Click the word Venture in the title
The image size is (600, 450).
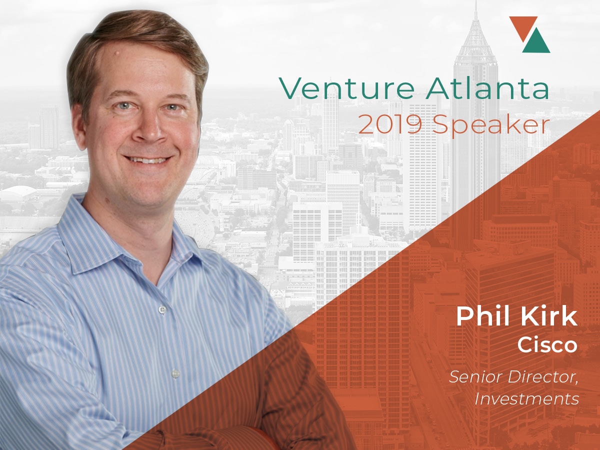point(346,88)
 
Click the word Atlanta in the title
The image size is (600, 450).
point(487,87)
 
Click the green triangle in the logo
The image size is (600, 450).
point(536,41)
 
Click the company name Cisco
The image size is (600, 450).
point(547,345)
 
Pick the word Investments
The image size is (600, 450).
point(526,399)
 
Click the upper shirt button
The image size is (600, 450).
point(162,309)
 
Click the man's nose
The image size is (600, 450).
point(149,128)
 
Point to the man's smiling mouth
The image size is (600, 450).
point(147,160)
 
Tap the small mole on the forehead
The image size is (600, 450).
point(118,52)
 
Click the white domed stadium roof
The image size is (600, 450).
point(17,191)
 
